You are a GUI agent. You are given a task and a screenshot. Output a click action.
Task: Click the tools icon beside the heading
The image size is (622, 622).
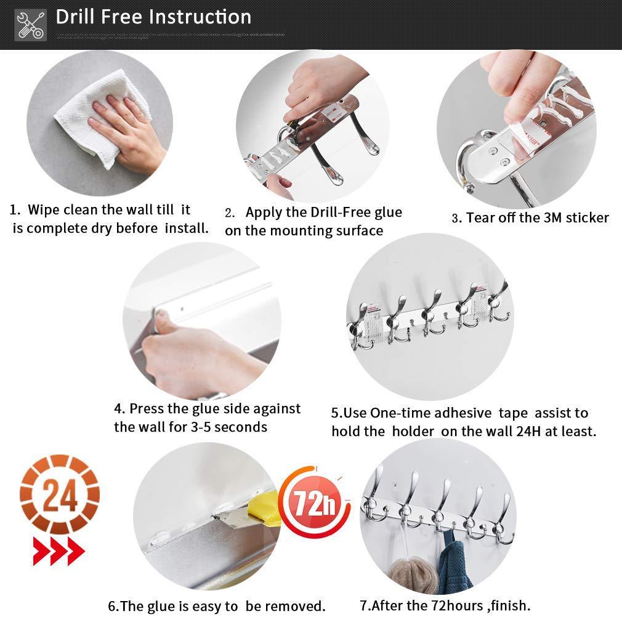30,25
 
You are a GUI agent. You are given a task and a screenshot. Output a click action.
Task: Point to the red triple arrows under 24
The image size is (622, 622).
59,550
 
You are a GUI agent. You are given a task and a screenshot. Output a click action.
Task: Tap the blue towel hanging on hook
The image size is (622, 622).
454,567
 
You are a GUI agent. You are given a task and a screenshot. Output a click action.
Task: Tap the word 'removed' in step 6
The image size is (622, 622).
294,606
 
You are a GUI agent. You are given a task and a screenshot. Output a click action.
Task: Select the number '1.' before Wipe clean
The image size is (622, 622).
15,210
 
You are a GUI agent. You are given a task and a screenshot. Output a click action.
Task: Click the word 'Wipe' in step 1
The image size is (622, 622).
44,210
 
